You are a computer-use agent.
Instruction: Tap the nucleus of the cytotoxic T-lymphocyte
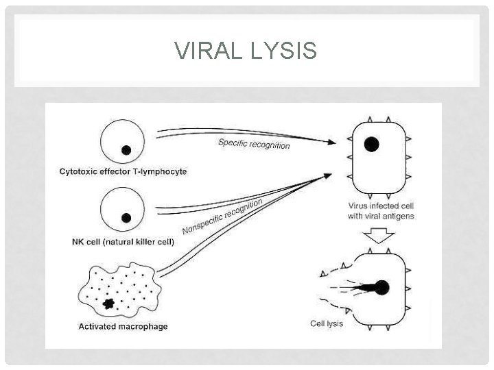click(126, 150)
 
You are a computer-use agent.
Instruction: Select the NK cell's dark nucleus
click(126, 218)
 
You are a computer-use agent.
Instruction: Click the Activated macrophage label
click(123, 326)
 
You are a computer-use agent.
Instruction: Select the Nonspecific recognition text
click(222, 214)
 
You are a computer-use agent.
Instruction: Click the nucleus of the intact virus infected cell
click(371, 144)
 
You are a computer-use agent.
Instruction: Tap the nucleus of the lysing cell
click(381, 288)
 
